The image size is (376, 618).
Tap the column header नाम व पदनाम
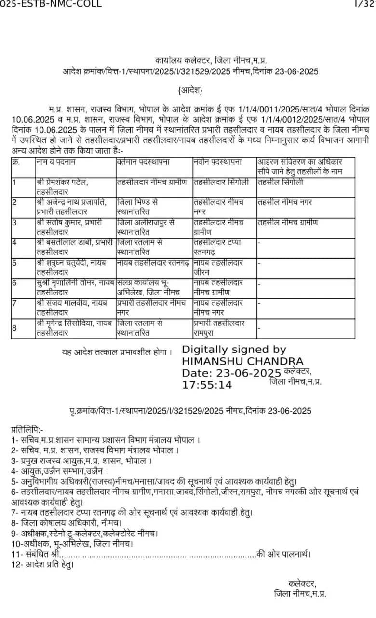[x=55, y=162]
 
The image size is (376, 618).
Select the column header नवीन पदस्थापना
[x=218, y=162]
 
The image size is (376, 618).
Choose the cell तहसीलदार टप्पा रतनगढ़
[x=218, y=247]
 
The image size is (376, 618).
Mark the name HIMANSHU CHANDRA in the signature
[x=242, y=361]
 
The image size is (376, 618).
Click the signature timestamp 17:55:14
[x=207, y=385]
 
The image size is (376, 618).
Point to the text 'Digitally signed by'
[x=234, y=350]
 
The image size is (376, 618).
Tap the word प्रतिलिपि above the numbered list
[x=27, y=429]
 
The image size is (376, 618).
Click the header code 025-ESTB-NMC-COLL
[x=51, y=4]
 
